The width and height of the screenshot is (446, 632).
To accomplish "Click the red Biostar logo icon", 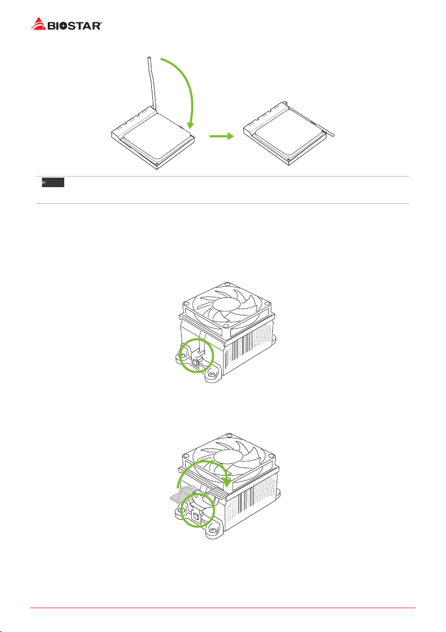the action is pos(38,24).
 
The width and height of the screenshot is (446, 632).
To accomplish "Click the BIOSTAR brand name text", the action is pos(75,26).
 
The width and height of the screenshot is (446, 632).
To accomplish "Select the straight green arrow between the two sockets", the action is pos(221,136).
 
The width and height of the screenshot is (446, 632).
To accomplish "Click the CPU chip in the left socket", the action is pos(158,136).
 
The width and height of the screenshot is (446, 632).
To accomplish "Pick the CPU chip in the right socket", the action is pos(290,133).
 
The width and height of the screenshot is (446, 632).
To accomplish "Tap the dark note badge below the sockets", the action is pos(53,183).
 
